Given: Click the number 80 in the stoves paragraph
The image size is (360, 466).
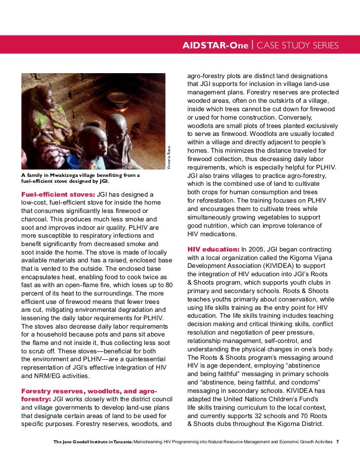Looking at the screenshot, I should pyautogui.click(x=169, y=285).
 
